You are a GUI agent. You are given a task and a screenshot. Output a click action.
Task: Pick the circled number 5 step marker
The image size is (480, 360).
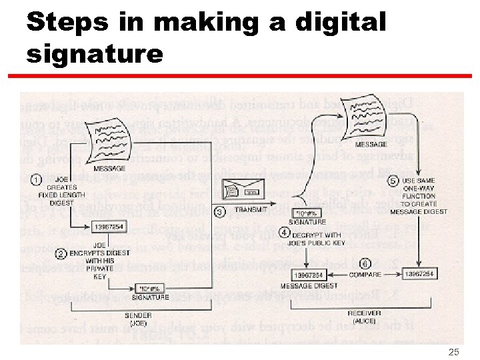(x=393, y=181)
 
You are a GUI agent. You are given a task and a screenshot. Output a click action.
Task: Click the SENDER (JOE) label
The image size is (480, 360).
(x=139, y=319)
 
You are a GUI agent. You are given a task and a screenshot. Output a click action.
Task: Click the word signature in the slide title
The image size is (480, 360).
(x=95, y=53)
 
